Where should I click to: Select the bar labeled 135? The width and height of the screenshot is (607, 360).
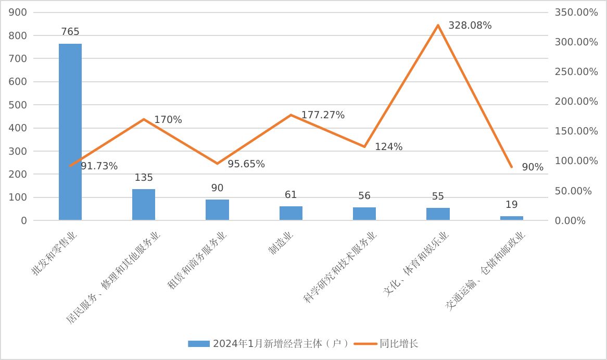tap(144, 204)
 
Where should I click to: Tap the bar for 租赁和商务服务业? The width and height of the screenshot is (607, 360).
tap(217, 209)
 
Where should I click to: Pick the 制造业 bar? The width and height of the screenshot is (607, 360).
tap(290, 213)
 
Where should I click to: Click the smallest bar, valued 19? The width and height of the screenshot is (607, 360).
tap(511, 218)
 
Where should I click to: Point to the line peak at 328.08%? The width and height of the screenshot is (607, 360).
tap(438, 25)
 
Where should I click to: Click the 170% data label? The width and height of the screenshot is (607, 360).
tap(168, 120)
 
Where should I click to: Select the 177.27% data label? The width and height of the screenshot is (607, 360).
tap(323, 115)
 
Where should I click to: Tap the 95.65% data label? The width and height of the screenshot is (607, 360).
tap(246, 164)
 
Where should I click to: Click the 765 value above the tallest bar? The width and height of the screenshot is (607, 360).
tap(70, 32)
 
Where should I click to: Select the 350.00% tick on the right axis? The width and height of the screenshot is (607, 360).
tap(576, 13)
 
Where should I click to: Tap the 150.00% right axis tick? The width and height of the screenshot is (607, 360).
tap(576, 131)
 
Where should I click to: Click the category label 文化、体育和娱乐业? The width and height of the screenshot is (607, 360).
tap(416, 265)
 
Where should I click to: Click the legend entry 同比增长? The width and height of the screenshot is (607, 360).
tap(399, 343)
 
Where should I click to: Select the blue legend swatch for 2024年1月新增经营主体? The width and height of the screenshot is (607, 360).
tap(198, 344)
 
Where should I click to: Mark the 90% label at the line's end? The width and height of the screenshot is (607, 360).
tap(533, 167)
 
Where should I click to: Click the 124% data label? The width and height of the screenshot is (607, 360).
tap(389, 147)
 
